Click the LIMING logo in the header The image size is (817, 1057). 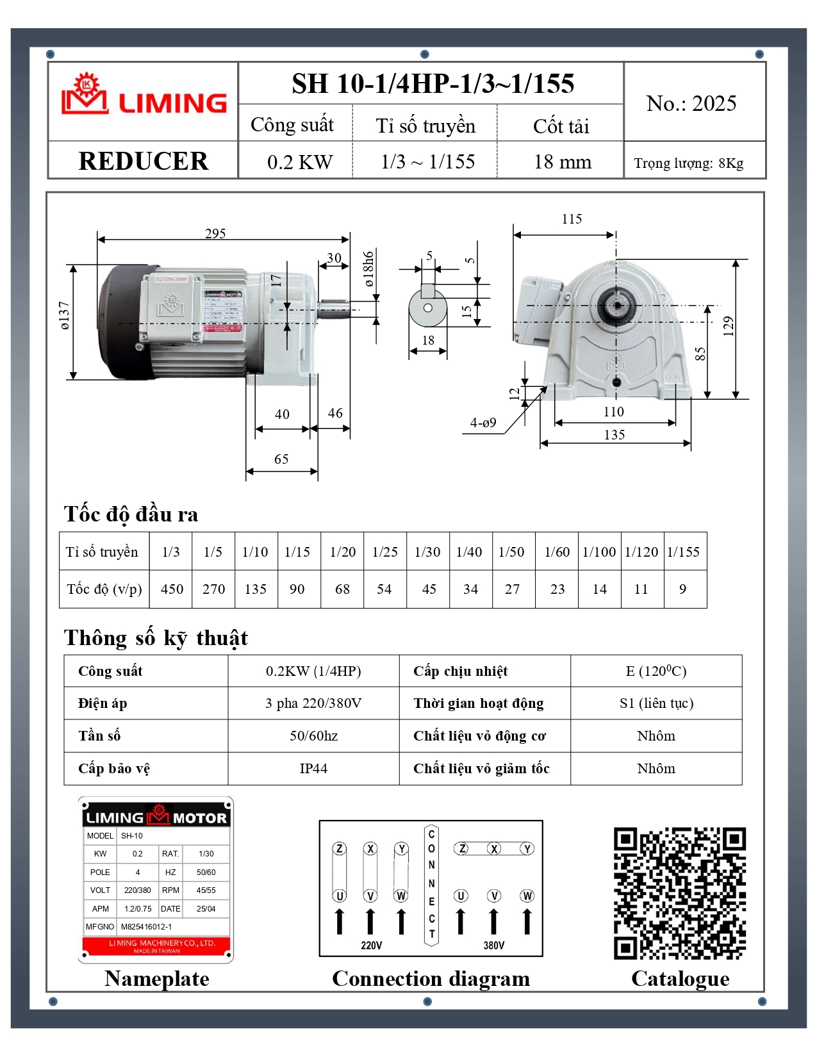click(x=144, y=96)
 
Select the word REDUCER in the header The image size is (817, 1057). click(x=143, y=161)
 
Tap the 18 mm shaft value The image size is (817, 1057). click(x=562, y=161)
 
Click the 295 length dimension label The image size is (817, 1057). click(x=215, y=233)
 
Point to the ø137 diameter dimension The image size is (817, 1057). click(x=64, y=315)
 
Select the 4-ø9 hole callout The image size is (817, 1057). click(x=483, y=423)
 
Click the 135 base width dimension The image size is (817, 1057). click(x=614, y=435)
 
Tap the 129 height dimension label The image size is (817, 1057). click(x=728, y=326)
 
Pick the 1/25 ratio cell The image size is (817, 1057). click(x=384, y=552)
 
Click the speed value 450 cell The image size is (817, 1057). click(x=172, y=589)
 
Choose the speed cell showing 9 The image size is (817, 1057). click(x=682, y=589)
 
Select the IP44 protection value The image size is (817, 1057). click(x=313, y=769)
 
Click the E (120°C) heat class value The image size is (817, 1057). click(x=656, y=671)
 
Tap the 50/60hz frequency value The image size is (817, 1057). click(x=313, y=736)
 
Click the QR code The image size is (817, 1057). click(x=680, y=894)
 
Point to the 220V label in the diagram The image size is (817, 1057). click(x=371, y=946)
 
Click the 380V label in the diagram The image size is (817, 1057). click(x=493, y=946)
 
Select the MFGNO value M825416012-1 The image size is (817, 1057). click(x=146, y=927)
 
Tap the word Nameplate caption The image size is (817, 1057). click(x=157, y=979)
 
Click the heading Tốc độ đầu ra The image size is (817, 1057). click(x=131, y=514)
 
